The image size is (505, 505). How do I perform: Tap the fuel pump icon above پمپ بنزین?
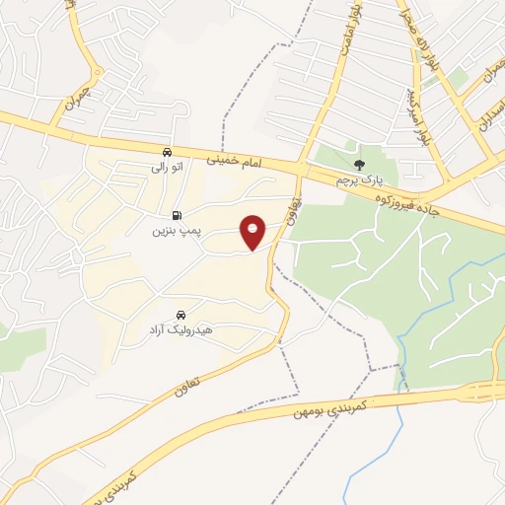[177, 215]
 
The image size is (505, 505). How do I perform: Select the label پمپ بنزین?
[176, 232]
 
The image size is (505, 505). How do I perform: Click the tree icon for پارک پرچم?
[358, 165]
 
